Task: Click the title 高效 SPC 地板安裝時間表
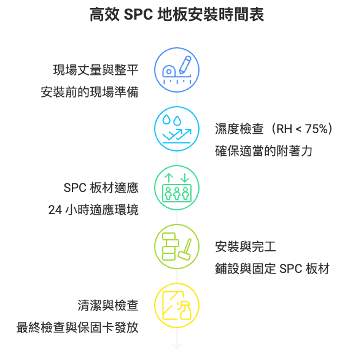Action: point(177,15)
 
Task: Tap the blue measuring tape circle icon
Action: point(177,70)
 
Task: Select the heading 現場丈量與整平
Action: point(96,70)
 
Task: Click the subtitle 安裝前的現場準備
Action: point(90,92)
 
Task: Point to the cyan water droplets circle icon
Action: point(177,129)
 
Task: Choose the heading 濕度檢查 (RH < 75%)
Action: point(274,129)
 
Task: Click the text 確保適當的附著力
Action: point(263,151)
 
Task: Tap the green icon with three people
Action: point(177,188)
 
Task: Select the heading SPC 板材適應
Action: point(101,188)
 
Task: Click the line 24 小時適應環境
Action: point(93,210)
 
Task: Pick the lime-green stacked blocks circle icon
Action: point(177,247)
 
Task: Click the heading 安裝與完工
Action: point(246,247)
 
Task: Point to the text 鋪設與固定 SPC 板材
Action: point(273,269)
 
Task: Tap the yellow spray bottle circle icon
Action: point(177,305)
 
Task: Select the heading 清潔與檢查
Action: point(108,305)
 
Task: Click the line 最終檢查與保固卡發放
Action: point(77,327)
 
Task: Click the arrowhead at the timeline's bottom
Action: point(177,347)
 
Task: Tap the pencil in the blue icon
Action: point(185,65)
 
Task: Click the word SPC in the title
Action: point(138,15)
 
